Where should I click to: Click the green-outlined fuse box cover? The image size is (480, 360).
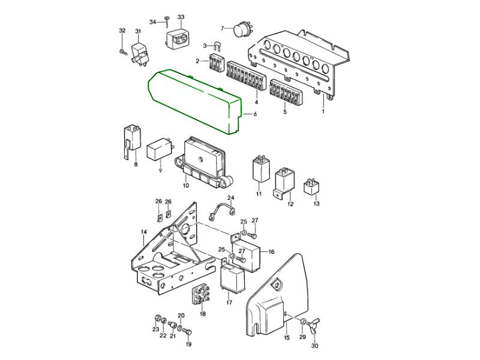[x=194, y=101]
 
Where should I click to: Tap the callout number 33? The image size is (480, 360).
[x=181, y=17]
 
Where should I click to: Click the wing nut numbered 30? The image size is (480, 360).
[x=314, y=326]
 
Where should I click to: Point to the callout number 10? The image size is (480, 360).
[x=186, y=185]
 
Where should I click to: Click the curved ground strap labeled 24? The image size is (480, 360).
[x=222, y=211]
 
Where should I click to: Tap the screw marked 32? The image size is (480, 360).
[x=124, y=52]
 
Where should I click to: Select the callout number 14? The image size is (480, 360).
[x=144, y=232]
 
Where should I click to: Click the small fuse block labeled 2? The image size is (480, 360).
[x=215, y=62]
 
